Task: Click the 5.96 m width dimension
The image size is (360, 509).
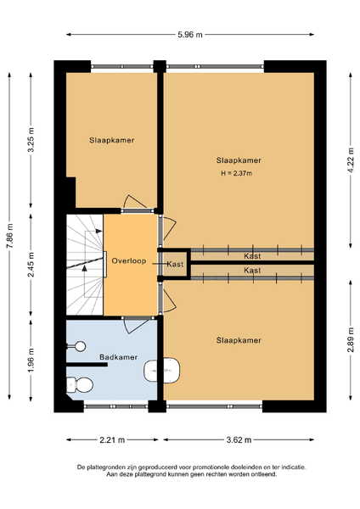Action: pyautogui.click(x=190, y=35)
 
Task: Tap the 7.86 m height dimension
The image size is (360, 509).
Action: pyautogui.click(x=9, y=237)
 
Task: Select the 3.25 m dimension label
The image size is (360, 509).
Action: pyautogui.click(x=31, y=140)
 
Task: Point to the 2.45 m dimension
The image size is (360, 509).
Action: pyautogui.click(x=31, y=265)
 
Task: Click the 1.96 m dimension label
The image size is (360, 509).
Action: pyautogui.click(x=31, y=361)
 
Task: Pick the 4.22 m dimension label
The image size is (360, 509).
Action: pyautogui.click(x=351, y=160)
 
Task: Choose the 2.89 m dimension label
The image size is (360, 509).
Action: pyautogui.click(x=351, y=340)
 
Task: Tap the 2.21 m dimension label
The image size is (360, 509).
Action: pyautogui.click(x=112, y=439)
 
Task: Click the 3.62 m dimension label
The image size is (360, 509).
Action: pyautogui.click(x=239, y=439)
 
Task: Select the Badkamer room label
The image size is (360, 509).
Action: pyautogui.click(x=118, y=357)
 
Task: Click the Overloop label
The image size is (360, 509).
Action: pyautogui.click(x=129, y=260)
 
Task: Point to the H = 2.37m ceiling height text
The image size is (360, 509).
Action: pyautogui.click(x=237, y=173)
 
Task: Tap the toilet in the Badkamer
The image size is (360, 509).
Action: pyautogui.click(x=80, y=384)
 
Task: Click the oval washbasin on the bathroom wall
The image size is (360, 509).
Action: pyautogui.click(x=162, y=370)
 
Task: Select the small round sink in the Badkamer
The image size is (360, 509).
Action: pyautogui.click(x=79, y=346)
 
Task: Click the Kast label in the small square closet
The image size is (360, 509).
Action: pyautogui.click(x=175, y=264)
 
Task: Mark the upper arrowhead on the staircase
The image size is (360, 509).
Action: pyautogui.click(x=98, y=231)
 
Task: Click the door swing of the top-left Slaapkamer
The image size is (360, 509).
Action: pyautogui.click(x=134, y=202)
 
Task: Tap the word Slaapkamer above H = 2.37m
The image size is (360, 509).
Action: pyautogui.click(x=239, y=160)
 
